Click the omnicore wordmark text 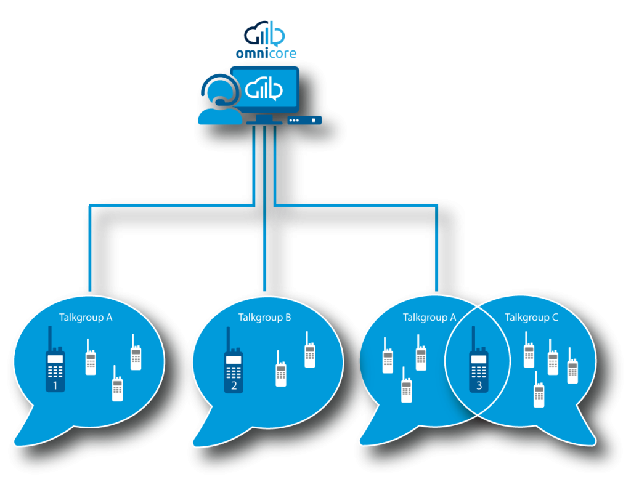point(266,53)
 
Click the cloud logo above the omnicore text point(264,34)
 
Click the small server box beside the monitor point(304,120)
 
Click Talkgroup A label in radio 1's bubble point(86,318)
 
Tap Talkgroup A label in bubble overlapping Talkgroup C point(429,318)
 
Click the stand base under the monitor point(264,122)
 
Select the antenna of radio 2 point(229,339)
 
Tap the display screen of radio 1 point(55,359)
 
